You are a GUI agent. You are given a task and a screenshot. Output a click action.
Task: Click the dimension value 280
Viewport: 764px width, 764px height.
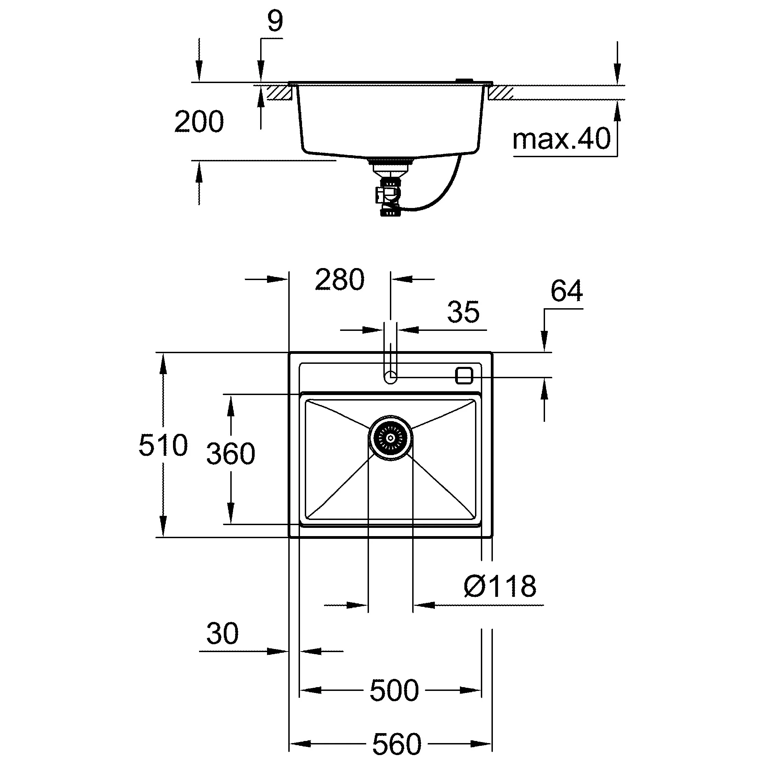339,280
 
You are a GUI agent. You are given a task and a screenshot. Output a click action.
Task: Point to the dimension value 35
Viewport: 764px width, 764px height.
463,312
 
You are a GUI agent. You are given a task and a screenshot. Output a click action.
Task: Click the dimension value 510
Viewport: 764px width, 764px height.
163,445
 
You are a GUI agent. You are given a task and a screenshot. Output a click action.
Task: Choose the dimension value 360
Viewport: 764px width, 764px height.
231,454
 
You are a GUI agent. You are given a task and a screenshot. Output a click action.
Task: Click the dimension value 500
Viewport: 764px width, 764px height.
394,691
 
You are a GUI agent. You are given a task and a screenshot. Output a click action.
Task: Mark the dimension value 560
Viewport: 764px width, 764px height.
397,744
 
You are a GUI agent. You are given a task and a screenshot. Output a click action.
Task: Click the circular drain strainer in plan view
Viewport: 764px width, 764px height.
391,437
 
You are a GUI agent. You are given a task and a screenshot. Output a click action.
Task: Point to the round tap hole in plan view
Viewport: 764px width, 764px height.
391,377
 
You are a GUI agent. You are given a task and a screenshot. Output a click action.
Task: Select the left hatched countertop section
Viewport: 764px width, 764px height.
279,93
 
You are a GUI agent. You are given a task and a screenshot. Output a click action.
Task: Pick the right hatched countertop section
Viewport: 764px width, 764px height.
501,93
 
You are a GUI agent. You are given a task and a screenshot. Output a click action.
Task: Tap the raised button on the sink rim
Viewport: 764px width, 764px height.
464,81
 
